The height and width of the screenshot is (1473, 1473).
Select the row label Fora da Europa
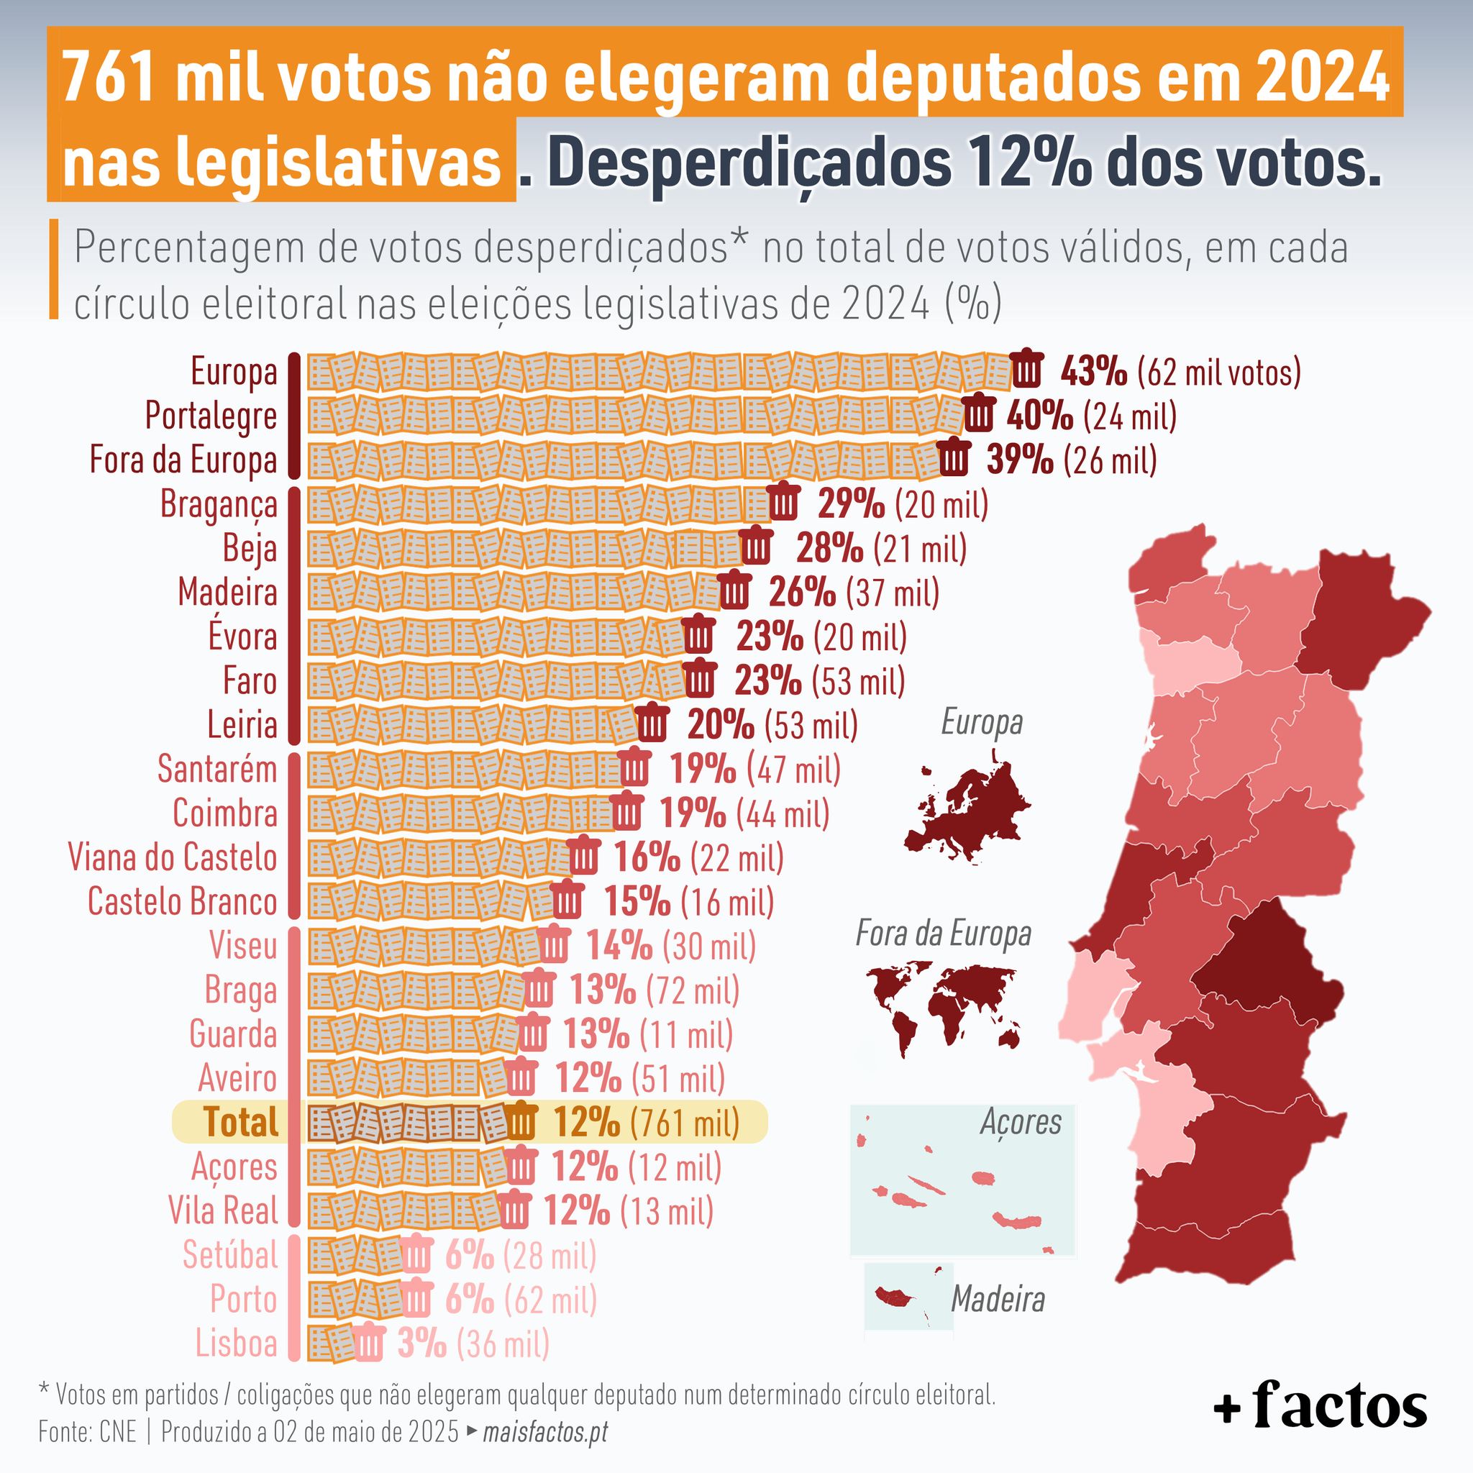[183, 460]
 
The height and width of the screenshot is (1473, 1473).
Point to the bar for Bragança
[538, 504]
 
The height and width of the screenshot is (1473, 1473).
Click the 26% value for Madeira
[802, 593]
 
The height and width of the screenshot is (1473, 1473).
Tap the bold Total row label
[240, 1121]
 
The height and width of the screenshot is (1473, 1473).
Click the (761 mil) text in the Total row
[685, 1122]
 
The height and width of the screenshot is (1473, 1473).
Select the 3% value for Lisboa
[421, 1343]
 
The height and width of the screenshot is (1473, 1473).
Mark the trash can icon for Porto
[416, 1298]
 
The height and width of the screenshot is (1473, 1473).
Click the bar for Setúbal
[355, 1255]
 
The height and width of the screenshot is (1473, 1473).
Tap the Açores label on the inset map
[1020, 1121]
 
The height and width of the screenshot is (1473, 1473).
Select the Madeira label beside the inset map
[998, 1298]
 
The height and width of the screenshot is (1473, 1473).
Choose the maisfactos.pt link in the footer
[546, 1431]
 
